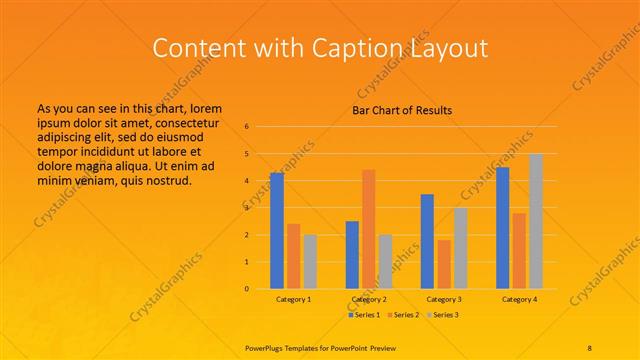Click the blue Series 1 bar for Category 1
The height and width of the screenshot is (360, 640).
coord(277,231)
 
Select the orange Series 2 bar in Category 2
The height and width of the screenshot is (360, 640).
coord(369,229)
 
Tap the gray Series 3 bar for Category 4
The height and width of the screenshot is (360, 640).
coord(536,221)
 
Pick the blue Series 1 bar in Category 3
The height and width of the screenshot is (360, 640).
coord(427,241)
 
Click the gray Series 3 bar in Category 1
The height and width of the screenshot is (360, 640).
coord(310,262)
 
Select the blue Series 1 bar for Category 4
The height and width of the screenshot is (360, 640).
coord(502,228)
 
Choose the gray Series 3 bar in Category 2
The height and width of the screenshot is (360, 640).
coord(385,262)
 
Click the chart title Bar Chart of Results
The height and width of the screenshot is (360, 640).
coord(402,110)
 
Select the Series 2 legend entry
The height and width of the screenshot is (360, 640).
coord(402,315)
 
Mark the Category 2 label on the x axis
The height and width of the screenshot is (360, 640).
coord(369,299)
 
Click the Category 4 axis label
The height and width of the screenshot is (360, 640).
coord(519,299)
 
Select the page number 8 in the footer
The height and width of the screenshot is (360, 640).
coord(590,347)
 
